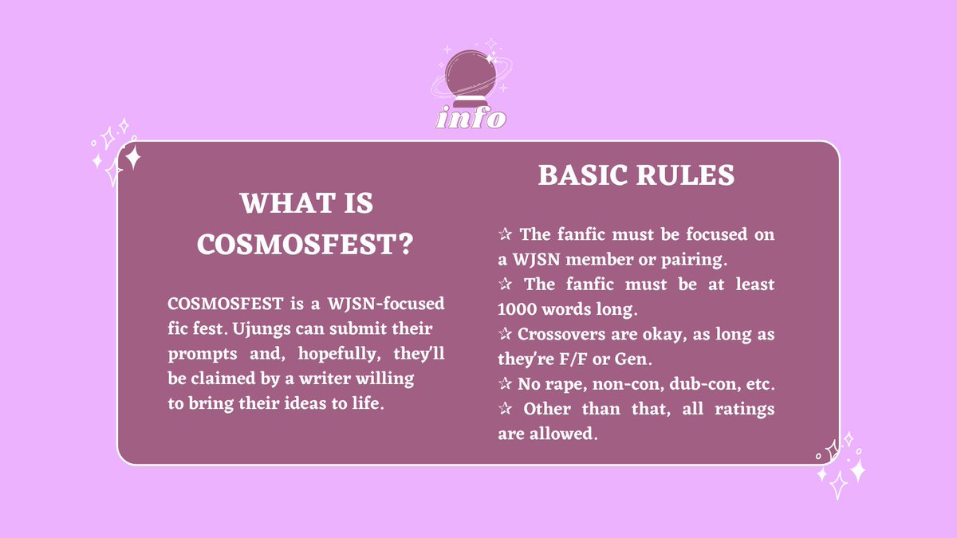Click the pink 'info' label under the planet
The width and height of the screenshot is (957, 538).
(471, 119)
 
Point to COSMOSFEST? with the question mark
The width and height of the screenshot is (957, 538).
(305, 245)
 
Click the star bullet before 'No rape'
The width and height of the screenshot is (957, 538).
(504, 384)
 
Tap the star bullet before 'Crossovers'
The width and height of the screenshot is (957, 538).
(504, 334)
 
